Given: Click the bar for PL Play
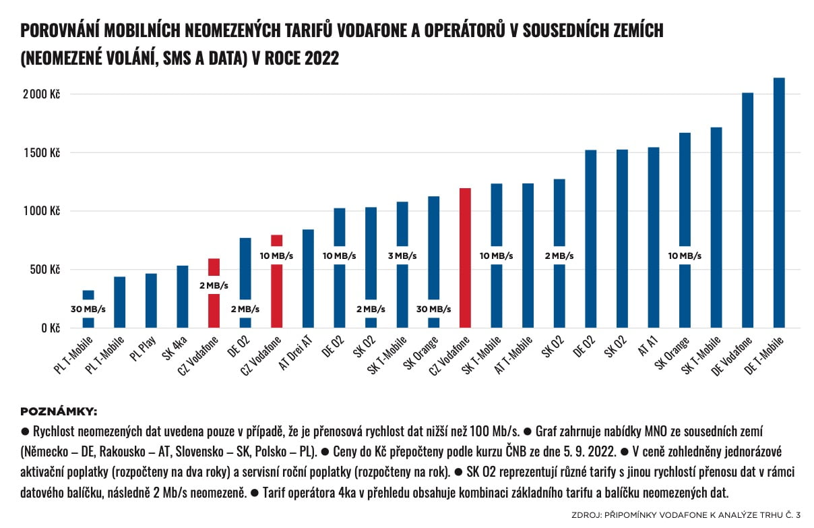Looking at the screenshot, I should pos(151,301).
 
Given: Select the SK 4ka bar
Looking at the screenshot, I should pos(182,297).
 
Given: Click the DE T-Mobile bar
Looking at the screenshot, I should pos(779,202).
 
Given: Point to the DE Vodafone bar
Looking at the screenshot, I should pos(747,210).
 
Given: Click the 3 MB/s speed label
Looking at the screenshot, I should pos(402,256).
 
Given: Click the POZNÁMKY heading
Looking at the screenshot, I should pos(59,411).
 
